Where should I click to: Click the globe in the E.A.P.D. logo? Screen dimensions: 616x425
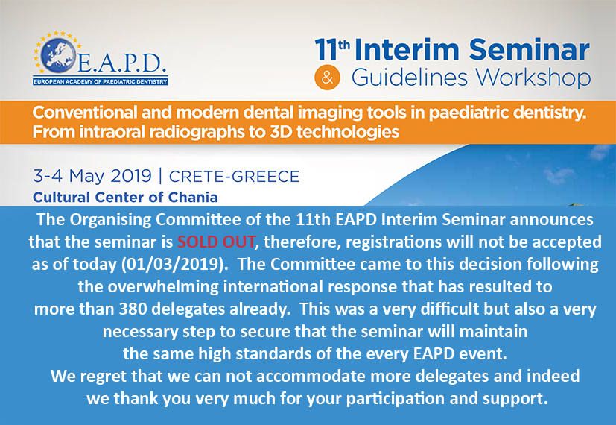click(x=58, y=55)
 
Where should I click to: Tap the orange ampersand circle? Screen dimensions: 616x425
click(x=327, y=78)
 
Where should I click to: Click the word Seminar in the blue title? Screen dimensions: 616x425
click(x=529, y=50)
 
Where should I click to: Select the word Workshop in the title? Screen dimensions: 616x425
click(x=534, y=78)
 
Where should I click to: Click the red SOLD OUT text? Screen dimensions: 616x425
click(x=216, y=242)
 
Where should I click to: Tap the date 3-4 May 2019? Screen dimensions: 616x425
click(x=92, y=176)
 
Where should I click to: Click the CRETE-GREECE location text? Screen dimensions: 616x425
click(x=234, y=177)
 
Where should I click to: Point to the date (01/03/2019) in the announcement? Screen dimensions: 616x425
click(x=175, y=264)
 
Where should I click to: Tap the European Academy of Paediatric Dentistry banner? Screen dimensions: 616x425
click(x=101, y=82)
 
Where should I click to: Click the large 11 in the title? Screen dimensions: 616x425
click(x=326, y=50)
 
